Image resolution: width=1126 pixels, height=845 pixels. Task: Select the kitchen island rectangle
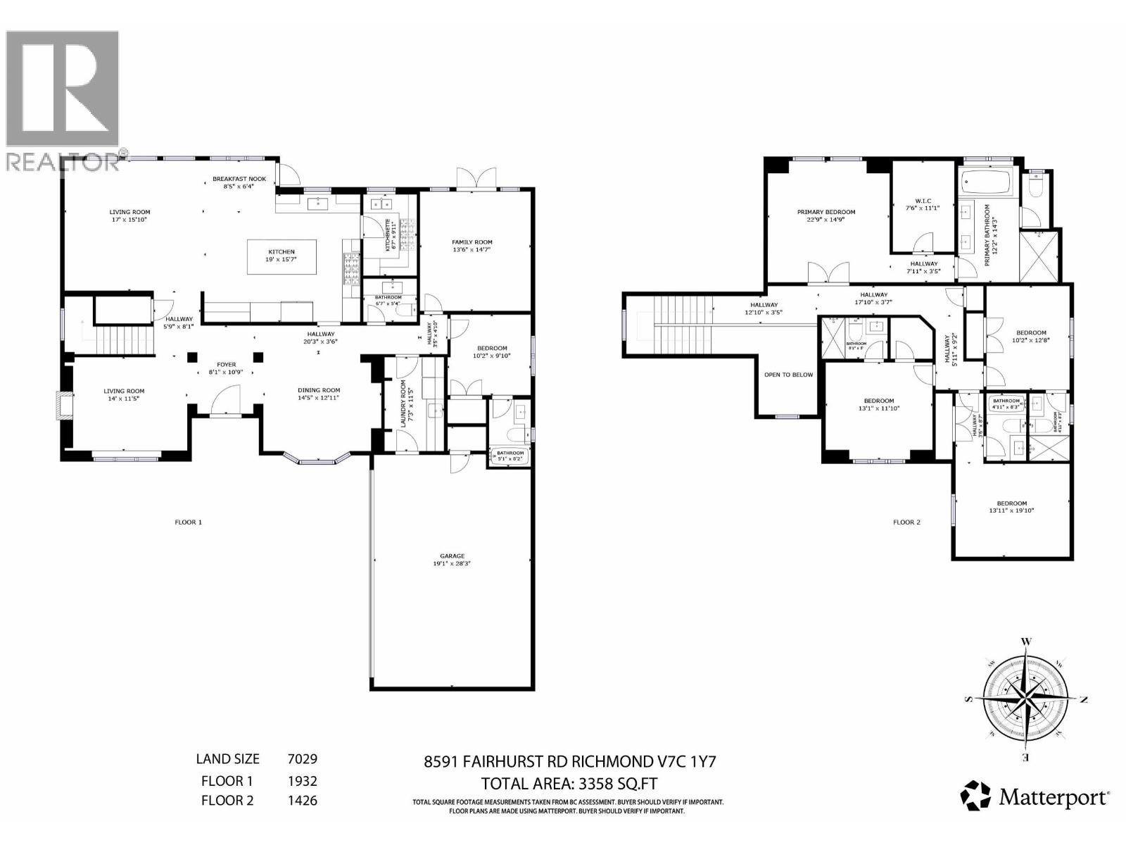point(281,256)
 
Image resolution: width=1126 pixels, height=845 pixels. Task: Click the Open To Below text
point(788,375)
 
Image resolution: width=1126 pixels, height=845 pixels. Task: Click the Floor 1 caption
point(188,522)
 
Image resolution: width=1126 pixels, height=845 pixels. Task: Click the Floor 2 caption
point(906,522)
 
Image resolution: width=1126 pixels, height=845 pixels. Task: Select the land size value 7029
point(302,759)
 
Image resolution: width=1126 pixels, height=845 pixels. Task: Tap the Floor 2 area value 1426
point(302,801)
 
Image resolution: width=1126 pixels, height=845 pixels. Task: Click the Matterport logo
point(1035,796)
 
